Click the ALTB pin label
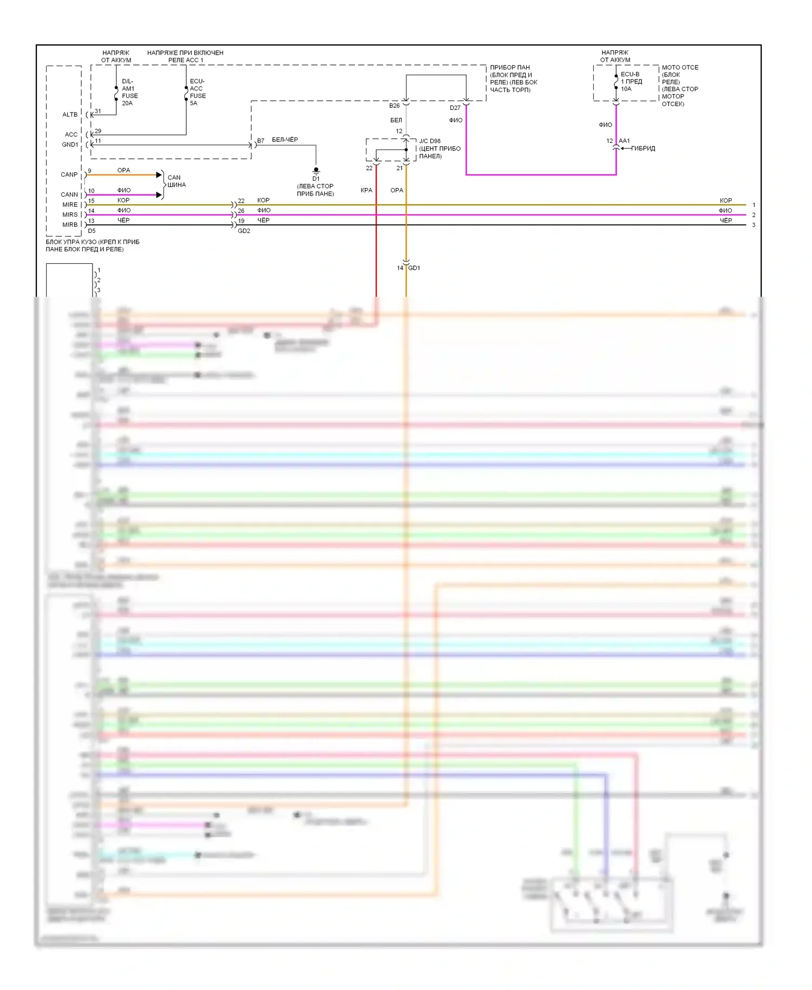point(70,115)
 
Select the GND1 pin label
point(70,145)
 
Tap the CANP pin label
point(69,174)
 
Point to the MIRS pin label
point(70,215)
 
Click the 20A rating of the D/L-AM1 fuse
point(127,103)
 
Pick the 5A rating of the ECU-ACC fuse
point(194,103)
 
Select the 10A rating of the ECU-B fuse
point(626,89)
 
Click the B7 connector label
point(260,141)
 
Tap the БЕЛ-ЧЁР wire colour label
point(285,140)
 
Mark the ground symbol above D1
point(316,171)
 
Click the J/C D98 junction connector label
point(430,141)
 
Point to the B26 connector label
point(394,106)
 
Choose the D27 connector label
point(455,108)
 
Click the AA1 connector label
point(624,141)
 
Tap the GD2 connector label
point(244,231)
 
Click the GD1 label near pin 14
point(414,268)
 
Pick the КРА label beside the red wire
point(366,190)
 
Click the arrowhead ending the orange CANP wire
point(159,174)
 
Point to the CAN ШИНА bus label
point(176,181)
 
